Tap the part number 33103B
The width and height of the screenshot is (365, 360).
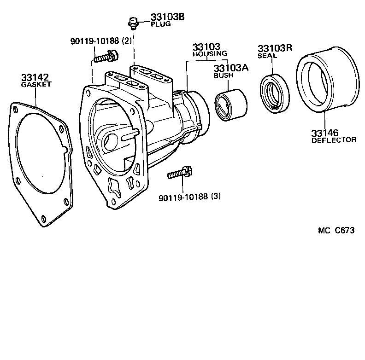coord(168,17)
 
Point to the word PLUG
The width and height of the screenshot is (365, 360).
coord(160,24)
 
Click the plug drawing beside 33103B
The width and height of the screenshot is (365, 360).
coord(133,22)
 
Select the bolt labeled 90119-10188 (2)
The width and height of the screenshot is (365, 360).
coord(106,57)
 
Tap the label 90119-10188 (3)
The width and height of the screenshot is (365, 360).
coord(189,197)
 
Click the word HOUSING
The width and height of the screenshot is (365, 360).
coord(210,54)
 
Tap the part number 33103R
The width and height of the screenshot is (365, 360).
coord(275,48)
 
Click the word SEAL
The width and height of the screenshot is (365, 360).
coord(267,56)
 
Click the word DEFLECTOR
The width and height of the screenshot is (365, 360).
coord(334,140)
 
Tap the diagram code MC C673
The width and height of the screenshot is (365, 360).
coord(336,231)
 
